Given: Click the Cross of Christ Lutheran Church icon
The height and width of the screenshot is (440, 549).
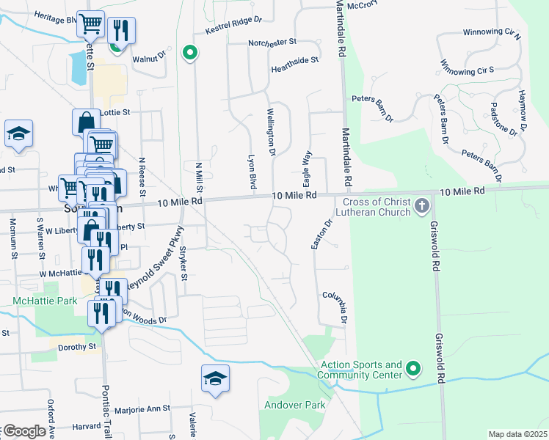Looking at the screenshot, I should (421, 206).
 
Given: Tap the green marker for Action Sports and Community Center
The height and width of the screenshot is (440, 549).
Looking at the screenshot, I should (413, 368).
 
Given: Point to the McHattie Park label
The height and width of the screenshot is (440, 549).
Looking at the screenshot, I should (45, 301).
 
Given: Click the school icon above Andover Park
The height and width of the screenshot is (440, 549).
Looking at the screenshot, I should (215, 378).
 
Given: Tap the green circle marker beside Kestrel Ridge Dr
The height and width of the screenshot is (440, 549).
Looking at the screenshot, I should (190, 53).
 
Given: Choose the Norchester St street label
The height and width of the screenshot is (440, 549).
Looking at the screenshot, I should (272, 43).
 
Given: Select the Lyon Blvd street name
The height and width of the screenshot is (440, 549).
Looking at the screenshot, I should (252, 173).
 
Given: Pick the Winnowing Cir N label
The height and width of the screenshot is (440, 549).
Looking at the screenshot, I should (492, 34).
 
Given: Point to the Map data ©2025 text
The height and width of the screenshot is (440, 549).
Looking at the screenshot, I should (517, 434).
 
